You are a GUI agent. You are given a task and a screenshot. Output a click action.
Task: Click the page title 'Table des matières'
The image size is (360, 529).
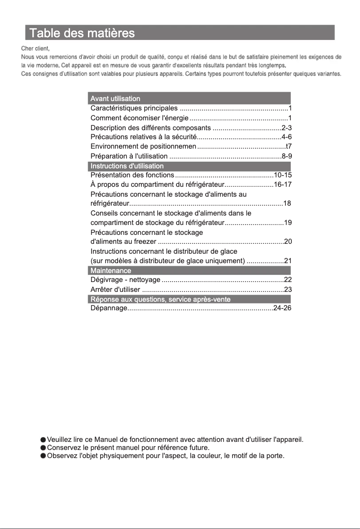[81, 33]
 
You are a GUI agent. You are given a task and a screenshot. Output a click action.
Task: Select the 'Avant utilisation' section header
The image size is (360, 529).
[115, 98]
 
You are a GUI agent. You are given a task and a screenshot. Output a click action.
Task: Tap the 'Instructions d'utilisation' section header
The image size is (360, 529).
[127, 166]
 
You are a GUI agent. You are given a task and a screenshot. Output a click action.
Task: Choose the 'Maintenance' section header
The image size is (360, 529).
[111, 271]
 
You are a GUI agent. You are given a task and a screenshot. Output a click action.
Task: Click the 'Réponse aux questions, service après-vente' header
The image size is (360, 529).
[161, 299]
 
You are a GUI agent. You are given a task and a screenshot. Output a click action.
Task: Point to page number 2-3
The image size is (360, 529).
[286, 128]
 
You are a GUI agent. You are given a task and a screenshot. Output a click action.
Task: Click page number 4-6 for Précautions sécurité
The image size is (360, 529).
[286, 137]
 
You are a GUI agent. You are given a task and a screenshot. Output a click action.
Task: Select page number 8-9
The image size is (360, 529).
[286, 156]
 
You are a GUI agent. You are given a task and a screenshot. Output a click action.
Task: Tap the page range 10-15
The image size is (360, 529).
[283, 175]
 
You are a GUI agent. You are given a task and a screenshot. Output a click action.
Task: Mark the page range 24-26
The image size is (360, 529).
[283, 308]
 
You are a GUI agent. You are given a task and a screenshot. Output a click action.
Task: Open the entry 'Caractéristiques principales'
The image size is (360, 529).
[134, 108]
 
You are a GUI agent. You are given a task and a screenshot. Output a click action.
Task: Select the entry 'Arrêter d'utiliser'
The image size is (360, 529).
[115, 290]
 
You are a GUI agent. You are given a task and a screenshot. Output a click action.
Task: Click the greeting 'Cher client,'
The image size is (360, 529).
[35, 48]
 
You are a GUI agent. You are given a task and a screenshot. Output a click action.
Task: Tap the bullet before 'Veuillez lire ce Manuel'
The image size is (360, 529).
[43, 439]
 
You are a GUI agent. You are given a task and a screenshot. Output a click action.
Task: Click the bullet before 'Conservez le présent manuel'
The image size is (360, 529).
[43, 448]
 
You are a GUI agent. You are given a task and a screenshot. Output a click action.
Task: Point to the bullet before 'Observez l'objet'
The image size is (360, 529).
[43, 456]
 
